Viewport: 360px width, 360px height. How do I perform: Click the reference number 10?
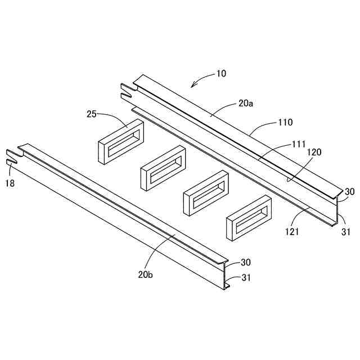[221, 73]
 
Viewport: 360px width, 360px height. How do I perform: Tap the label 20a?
[246, 103]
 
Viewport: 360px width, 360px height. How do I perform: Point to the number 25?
[92, 114]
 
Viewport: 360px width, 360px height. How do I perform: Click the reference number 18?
[10, 183]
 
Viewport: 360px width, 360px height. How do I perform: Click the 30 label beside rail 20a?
[350, 191]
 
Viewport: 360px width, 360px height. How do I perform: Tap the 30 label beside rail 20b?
[246, 262]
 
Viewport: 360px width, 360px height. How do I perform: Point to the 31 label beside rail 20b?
[246, 277]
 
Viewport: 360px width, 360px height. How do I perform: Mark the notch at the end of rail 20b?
[11, 157]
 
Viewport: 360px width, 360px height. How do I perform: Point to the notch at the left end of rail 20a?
[127, 91]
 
